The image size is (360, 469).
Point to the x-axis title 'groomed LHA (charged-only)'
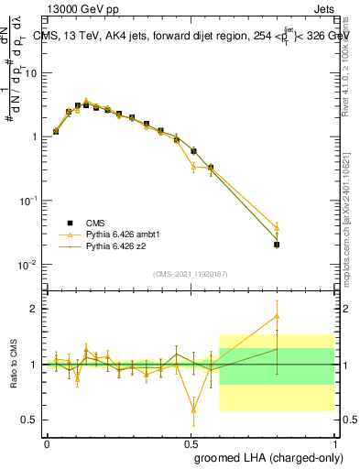[x=265, y=458]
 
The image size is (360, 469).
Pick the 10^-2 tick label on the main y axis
[x=27, y=265]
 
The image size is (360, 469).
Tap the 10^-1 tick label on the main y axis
[x=27, y=201]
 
